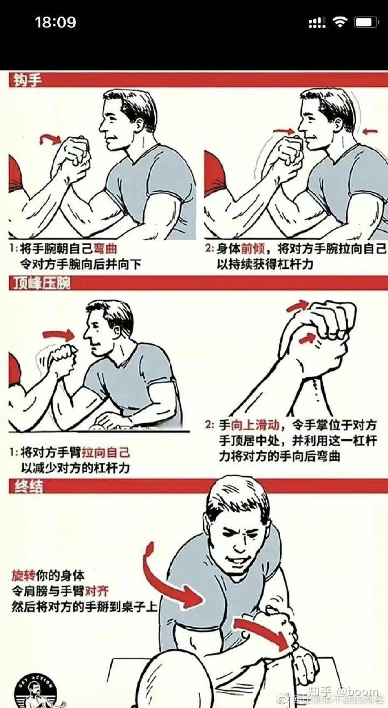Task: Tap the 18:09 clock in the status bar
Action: tap(56, 23)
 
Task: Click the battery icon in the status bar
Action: tap(366, 23)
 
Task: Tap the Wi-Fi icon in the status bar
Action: tap(340, 22)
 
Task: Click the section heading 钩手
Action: tap(26, 80)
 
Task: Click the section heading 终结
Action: tap(26, 486)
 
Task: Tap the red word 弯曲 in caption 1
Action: tap(105, 249)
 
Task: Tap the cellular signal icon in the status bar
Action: tap(317, 23)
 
